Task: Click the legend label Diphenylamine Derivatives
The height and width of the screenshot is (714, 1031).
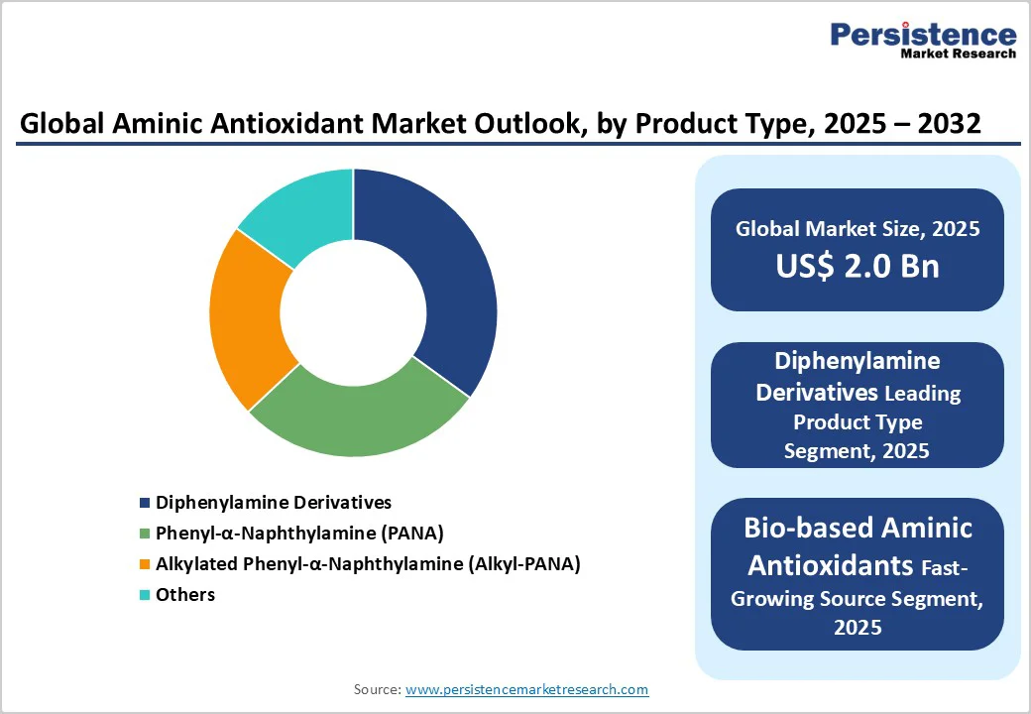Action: [273, 503]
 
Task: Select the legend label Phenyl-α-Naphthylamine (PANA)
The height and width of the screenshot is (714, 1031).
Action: [299, 534]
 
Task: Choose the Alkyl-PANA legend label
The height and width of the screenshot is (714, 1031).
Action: [368, 564]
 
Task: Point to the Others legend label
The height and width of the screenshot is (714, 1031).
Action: [185, 595]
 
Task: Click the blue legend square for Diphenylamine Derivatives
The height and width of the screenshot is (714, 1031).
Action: [146, 504]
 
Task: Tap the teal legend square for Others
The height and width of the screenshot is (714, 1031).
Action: [146, 596]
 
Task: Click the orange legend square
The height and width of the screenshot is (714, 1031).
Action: [146, 565]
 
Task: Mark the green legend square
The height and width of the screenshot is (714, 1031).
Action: [146, 535]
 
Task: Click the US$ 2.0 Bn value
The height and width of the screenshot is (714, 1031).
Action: [858, 266]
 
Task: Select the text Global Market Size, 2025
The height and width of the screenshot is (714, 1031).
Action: [858, 229]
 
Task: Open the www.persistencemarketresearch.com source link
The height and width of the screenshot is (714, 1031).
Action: [526, 689]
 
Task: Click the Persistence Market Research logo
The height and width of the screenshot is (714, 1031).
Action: [922, 41]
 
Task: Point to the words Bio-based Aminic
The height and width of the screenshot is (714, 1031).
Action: [858, 528]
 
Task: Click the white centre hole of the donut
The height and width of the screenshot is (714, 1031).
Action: [353, 313]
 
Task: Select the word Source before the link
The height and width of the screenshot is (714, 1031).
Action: [376, 689]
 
